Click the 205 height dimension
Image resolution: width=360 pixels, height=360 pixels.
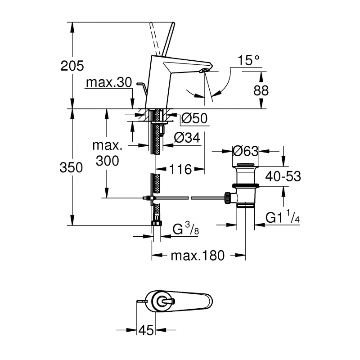(72, 66)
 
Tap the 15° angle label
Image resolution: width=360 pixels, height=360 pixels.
(250, 59)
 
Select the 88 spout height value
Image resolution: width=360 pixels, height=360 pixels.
(261, 90)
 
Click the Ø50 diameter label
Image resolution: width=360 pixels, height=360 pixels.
(194, 119)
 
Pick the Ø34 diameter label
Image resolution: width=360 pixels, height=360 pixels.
(186, 138)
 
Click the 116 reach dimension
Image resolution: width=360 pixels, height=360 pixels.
(181, 169)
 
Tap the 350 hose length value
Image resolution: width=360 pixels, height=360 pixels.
(72, 167)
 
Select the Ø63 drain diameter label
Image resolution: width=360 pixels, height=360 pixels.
(245, 150)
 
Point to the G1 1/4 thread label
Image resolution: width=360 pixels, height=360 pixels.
(282, 217)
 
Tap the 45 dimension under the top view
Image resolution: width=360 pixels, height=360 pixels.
(146, 331)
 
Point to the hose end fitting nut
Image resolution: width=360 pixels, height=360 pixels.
(156, 222)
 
